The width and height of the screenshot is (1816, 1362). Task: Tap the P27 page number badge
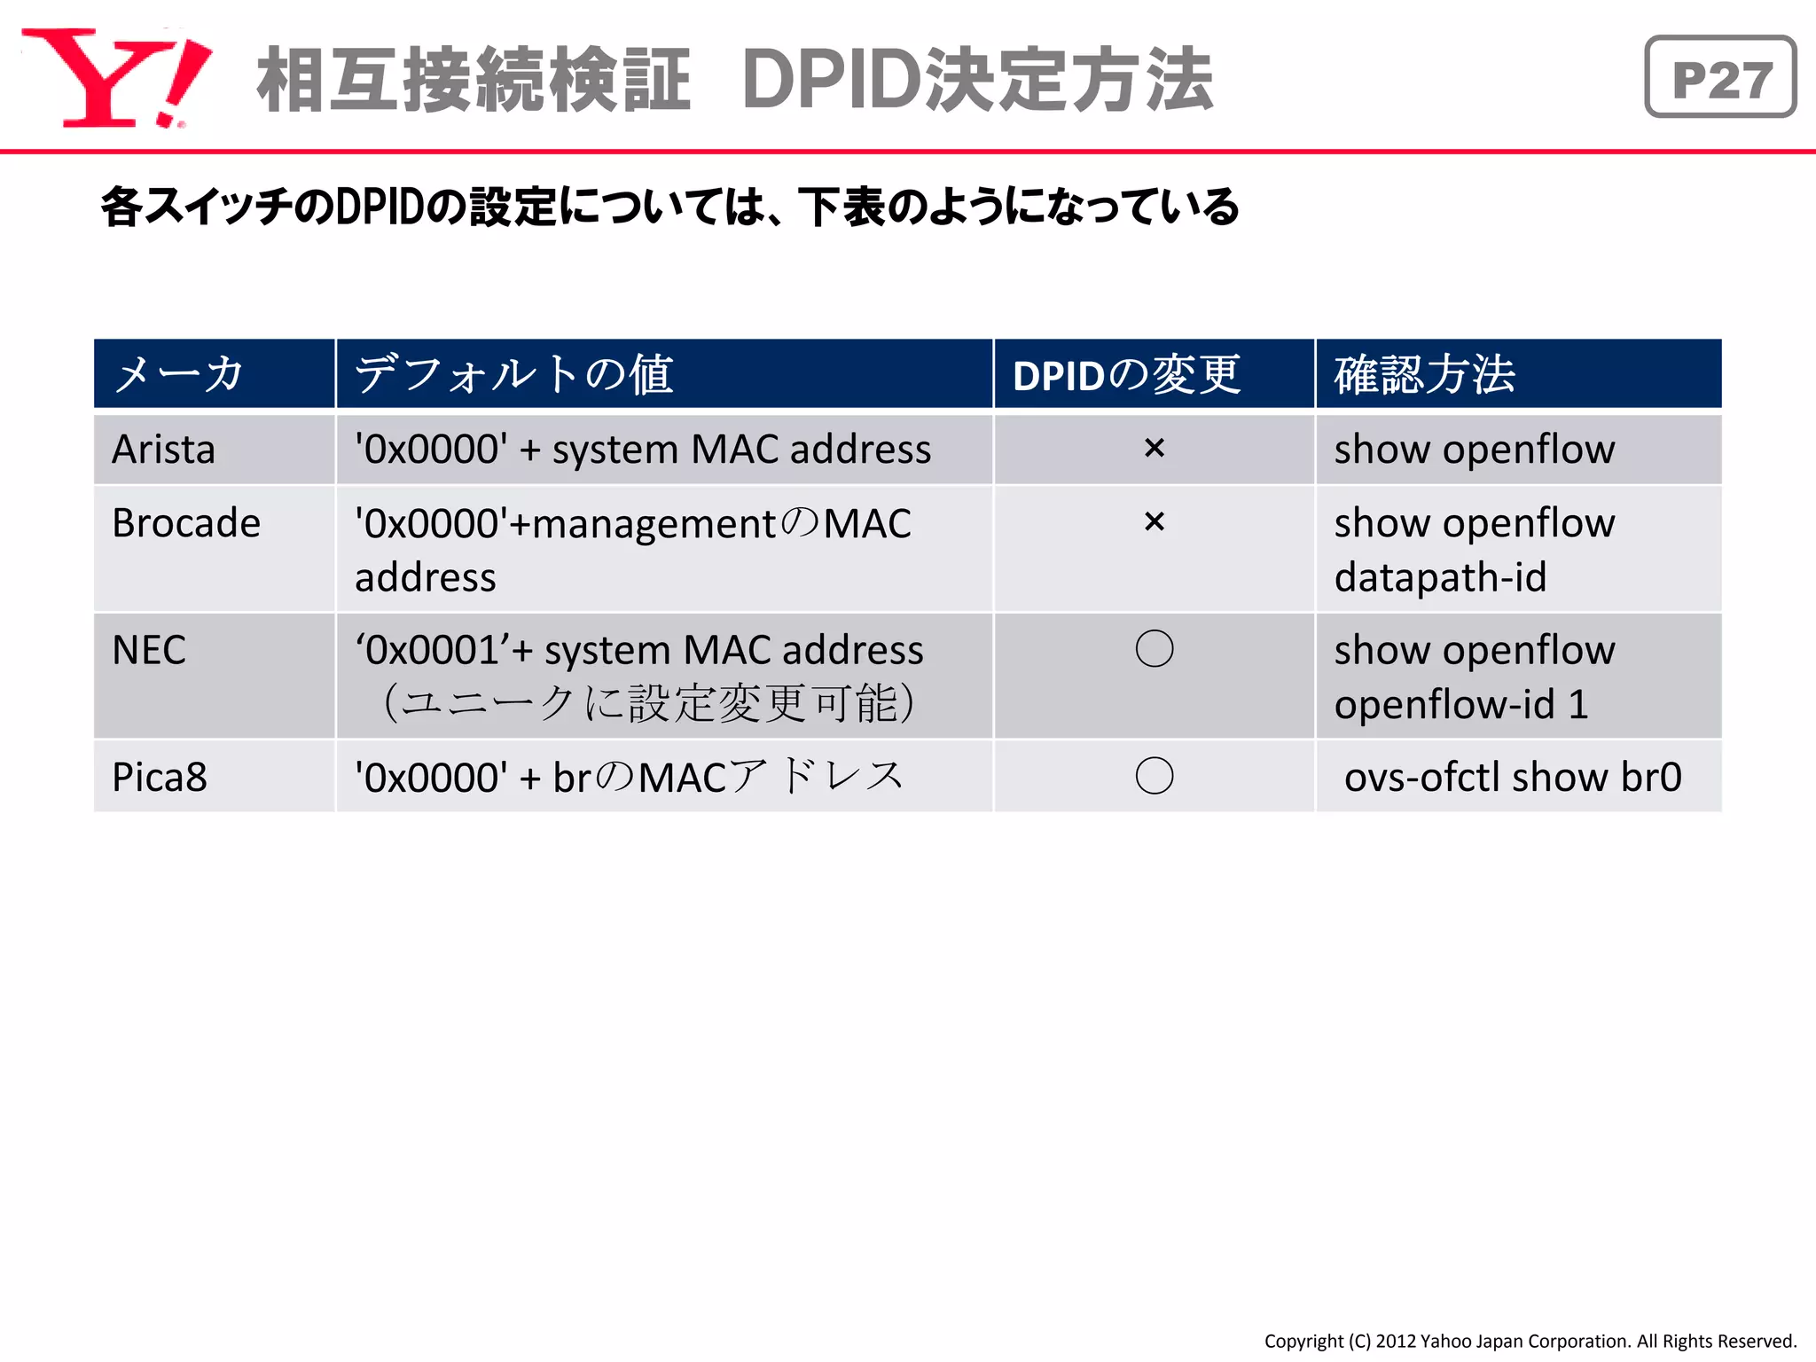1720,78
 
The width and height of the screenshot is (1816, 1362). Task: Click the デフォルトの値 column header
514,374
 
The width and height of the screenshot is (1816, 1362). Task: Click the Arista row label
164,450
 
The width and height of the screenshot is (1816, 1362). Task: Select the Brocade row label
186,523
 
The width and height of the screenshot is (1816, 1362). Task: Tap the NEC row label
149,650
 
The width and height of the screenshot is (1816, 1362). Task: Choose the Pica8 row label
160,778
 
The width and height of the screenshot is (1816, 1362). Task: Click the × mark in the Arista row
1154,449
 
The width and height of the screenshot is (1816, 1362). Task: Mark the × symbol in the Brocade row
1154,522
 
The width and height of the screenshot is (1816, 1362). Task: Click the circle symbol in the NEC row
1154,649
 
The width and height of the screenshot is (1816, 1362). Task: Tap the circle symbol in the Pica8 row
1154,776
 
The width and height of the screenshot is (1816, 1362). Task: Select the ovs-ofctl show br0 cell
1513,778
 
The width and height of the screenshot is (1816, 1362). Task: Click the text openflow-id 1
1461,705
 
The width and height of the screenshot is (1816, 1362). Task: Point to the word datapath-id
1440,578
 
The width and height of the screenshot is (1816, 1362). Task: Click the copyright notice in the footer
1530,1341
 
